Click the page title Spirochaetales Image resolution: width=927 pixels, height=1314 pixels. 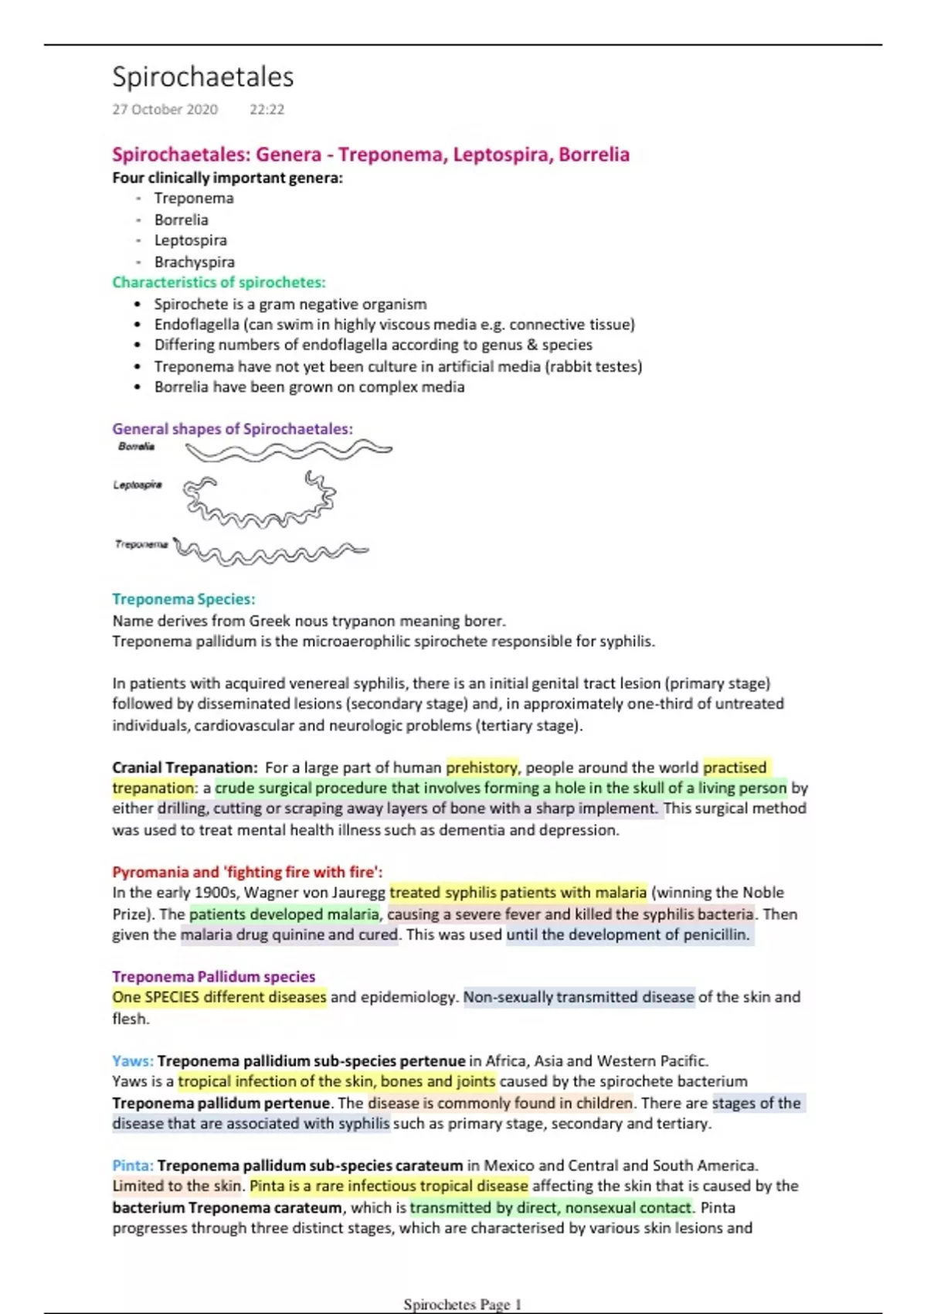pyautogui.click(x=202, y=77)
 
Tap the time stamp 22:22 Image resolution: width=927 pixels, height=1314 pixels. pyautogui.click(x=267, y=110)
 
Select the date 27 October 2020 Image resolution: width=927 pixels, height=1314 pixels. pyautogui.click(x=165, y=110)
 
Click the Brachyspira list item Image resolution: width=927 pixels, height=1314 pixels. pyautogui.click(x=194, y=262)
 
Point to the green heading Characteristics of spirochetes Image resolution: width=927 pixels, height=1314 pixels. pyautogui.click(x=219, y=282)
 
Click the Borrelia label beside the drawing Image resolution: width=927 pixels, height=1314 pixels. pyautogui.click(x=136, y=447)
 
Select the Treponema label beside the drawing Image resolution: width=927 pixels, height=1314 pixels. pyautogui.click(x=141, y=544)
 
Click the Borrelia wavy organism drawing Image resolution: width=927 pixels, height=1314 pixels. pyautogui.click(x=288, y=451)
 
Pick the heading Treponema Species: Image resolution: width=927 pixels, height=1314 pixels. pyautogui.click(x=183, y=599)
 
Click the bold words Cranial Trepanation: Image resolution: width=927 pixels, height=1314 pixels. pyautogui.click(x=185, y=768)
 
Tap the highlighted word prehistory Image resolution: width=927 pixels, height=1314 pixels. pyautogui.click(x=482, y=768)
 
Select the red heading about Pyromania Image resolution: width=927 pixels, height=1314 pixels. pyautogui.click(x=247, y=872)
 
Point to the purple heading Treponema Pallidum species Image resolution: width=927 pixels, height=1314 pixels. pyautogui.click(x=213, y=976)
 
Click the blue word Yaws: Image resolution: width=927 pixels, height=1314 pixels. pyautogui.click(x=132, y=1060)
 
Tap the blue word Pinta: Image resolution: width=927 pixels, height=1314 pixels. pyautogui.click(x=132, y=1166)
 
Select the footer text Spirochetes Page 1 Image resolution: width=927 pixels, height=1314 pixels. pyautogui.click(x=462, y=1305)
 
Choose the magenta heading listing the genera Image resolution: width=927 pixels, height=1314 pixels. pyautogui.click(x=370, y=155)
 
